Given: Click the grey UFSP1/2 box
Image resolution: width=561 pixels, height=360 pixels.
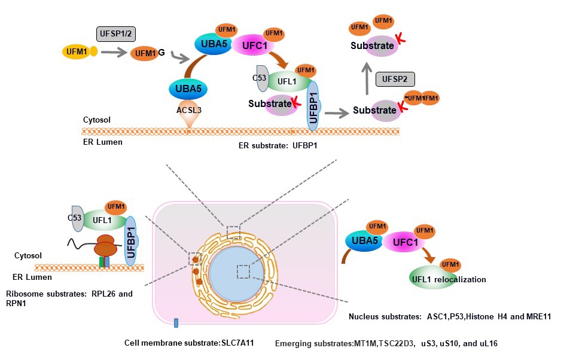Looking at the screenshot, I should coord(113,34).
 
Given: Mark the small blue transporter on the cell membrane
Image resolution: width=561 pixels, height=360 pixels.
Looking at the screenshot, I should coord(176,324).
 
